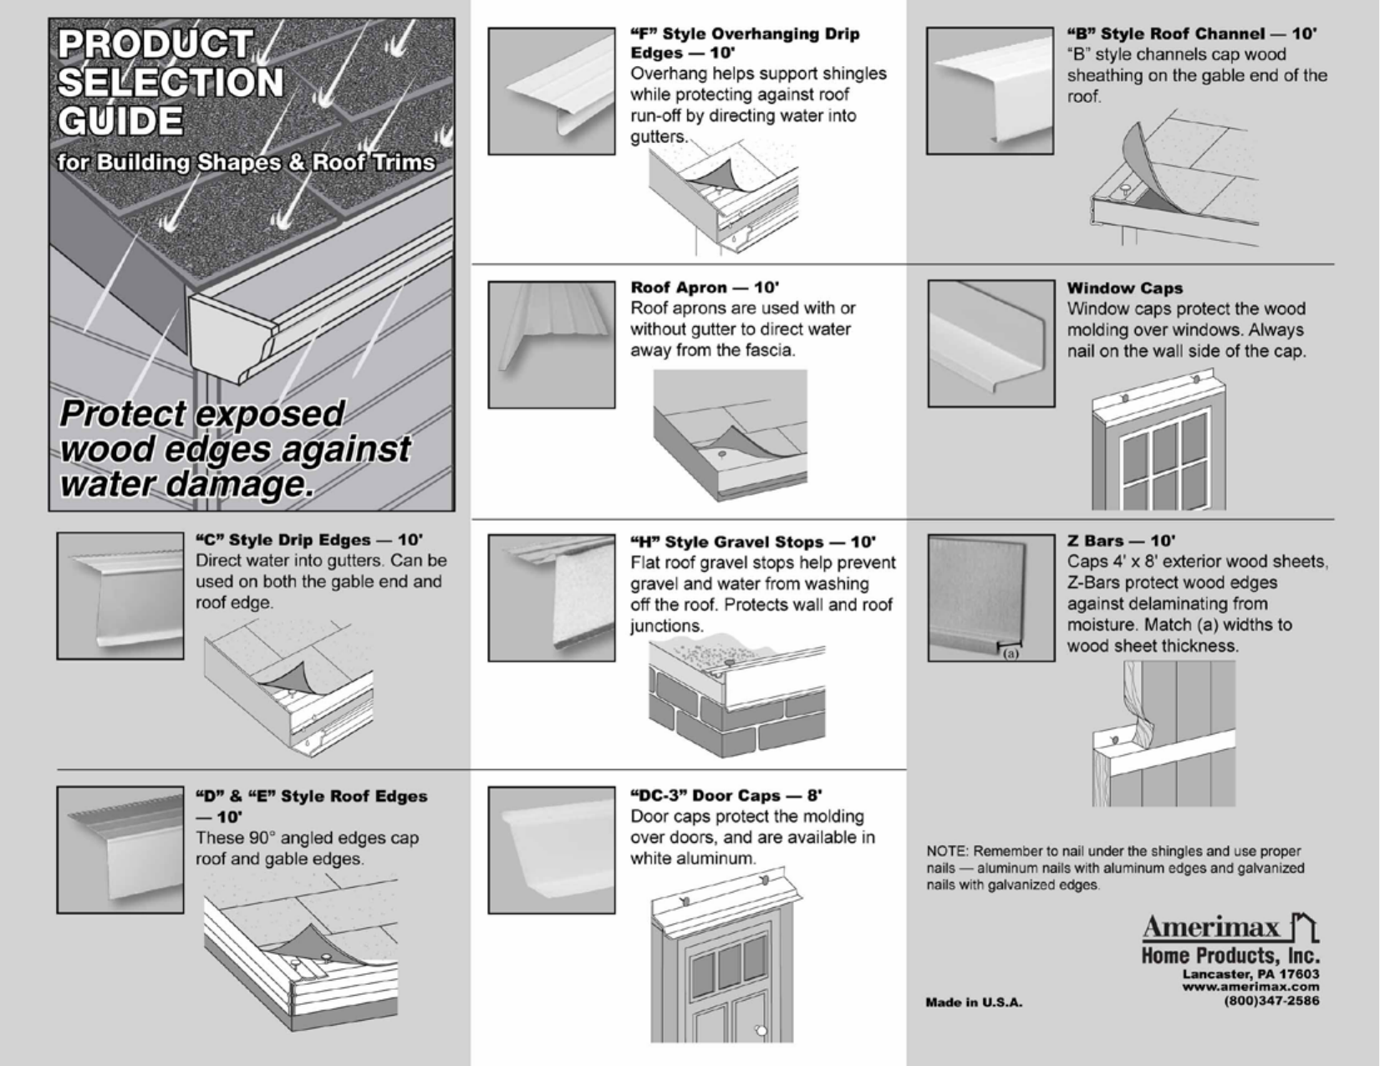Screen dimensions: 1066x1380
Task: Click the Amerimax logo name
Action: click(x=1210, y=927)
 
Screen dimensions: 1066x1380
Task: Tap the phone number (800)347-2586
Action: click(x=1271, y=1001)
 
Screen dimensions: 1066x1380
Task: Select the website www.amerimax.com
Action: click(x=1250, y=987)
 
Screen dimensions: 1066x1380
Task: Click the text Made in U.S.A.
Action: click(x=974, y=1002)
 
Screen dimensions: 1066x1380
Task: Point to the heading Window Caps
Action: click(x=1124, y=288)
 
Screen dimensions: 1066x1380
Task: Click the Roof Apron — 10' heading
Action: click(x=705, y=288)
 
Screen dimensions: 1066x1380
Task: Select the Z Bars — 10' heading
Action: click(x=1120, y=541)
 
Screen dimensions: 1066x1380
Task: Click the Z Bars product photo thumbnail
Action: click(x=990, y=598)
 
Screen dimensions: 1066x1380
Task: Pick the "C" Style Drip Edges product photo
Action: click(x=120, y=596)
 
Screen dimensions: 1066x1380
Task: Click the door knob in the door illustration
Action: click(x=761, y=1030)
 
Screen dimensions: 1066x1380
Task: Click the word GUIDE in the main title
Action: click(x=120, y=121)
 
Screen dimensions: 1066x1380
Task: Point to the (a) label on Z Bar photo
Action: click(x=1011, y=653)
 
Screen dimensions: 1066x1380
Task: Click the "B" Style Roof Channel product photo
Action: click(x=990, y=90)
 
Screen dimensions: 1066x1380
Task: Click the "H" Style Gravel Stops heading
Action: click(x=752, y=542)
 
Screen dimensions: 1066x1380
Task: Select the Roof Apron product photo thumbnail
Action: click(x=552, y=344)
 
